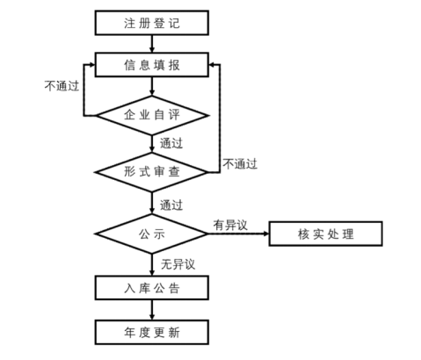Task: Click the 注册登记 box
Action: pos(151,21)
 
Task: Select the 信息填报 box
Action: pos(151,64)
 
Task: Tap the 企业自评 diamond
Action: pos(151,114)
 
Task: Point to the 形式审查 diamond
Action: pos(151,172)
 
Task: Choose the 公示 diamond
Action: pos(151,234)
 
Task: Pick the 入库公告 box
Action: pos(151,287)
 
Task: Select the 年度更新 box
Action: pos(151,331)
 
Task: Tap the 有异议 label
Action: pos(229,225)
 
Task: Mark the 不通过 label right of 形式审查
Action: pos(240,163)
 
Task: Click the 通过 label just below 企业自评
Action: pos(171,143)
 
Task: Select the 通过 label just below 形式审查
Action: pos(171,205)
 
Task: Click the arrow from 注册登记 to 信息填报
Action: pos(151,43)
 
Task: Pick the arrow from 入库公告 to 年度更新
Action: pos(151,309)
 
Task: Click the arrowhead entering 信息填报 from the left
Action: pos(91,64)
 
